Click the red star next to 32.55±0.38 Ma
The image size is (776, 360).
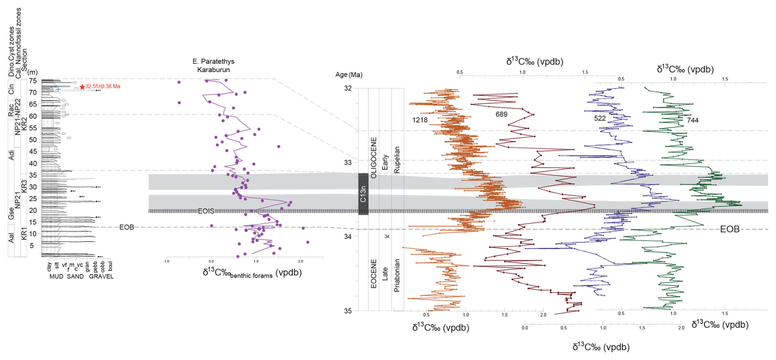tap(82, 87)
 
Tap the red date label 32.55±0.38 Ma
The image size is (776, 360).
tap(103, 87)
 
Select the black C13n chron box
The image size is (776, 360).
tap(363, 194)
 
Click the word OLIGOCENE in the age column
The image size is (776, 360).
tap(374, 158)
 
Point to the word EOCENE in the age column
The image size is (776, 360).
tap(374, 273)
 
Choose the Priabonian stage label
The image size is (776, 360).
tap(397, 276)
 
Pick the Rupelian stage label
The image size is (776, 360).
tap(397, 160)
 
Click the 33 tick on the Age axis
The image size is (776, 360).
tap(348, 163)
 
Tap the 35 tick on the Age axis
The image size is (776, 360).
tap(348, 311)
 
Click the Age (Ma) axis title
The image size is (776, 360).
tap(349, 75)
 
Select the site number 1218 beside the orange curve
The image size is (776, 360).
tap(420, 120)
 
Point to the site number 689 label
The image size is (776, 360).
tap(501, 114)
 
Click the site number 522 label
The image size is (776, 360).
tap(600, 118)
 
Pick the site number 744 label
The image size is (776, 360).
tap(692, 120)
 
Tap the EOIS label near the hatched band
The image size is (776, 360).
tap(206, 211)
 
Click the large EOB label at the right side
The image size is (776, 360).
tap(730, 229)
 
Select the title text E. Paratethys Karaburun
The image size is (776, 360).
tap(213, 66)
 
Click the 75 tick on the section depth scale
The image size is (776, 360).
tap(32, 81)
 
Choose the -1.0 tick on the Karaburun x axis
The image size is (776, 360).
tap(166, 261)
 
